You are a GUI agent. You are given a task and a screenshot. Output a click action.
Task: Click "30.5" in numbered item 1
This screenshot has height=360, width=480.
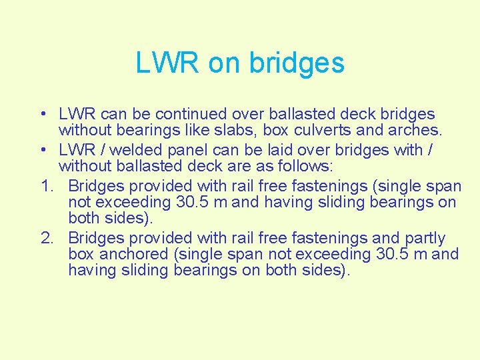point(188,201)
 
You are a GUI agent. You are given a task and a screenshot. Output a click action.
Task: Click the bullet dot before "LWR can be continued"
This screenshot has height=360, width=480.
point(41,115)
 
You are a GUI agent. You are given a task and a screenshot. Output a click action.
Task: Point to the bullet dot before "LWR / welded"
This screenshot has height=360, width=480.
point(41,150)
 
